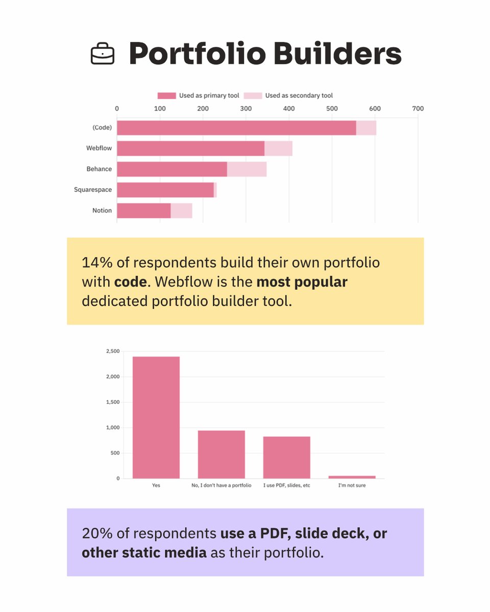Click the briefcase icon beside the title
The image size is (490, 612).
coord(103,53)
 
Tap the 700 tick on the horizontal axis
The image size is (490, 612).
coord(418,108)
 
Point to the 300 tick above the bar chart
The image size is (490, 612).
coord(246,108)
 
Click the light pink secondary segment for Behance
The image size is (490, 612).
coord(247,169)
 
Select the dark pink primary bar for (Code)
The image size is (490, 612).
coord(236,128)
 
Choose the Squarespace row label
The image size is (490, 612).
coord(93,190)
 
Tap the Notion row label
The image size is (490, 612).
coord(102,211)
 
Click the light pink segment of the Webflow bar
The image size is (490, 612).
coord(278,148)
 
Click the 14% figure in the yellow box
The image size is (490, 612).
coord(95,263)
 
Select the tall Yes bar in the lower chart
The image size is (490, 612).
coord(156,417)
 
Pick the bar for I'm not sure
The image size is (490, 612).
coord(352,477)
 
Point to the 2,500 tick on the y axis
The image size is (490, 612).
coord(113,351)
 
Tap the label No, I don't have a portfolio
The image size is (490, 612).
coord(222,486)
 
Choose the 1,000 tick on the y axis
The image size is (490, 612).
coord(113,427)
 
